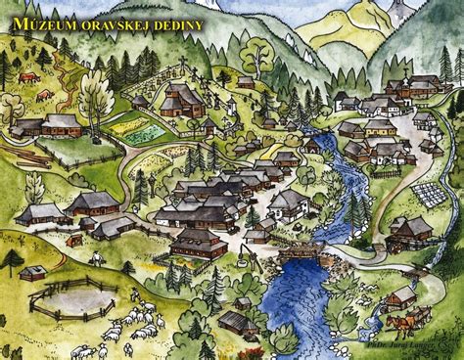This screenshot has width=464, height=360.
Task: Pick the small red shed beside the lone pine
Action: click(32, 273)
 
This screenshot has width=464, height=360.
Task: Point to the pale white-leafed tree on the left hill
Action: click(95, 94)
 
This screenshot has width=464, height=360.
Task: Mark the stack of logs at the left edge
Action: click(27, 157)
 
